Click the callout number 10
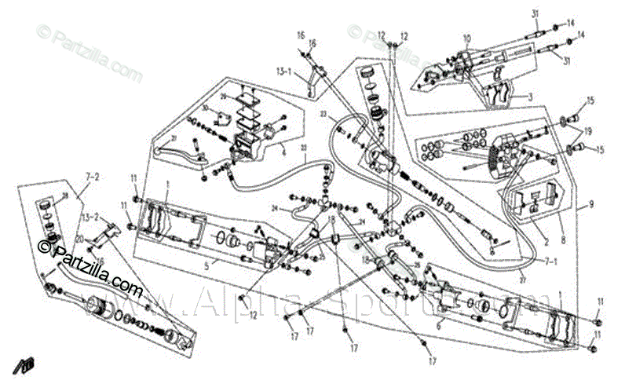[x=466, y=37]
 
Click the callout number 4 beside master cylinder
[x=283, y=154]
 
